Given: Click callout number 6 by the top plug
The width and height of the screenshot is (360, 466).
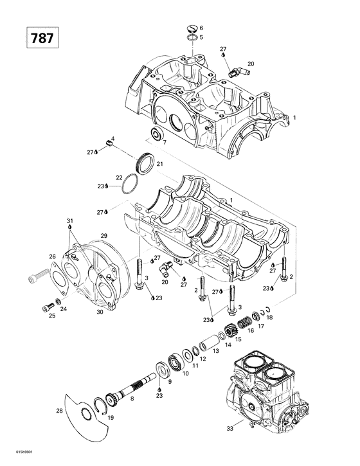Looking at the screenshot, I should tap(201, 29).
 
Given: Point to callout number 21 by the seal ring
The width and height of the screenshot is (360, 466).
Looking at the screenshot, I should tap(159, 164).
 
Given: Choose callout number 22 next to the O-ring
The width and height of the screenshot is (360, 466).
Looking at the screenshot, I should tap(119, 177).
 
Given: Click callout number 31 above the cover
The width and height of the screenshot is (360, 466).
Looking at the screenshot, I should tap(69, 221).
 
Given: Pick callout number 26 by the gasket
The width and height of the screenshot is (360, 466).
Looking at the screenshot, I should tap(53, 257).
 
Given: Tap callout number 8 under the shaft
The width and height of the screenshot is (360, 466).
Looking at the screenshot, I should tap(132, 399).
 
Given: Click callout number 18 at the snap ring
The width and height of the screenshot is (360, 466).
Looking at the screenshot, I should tap(269, 318).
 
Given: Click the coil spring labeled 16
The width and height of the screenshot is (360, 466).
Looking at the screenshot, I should tap(244, 321).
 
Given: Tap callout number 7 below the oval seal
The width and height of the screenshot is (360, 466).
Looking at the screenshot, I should tap(165, 142).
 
